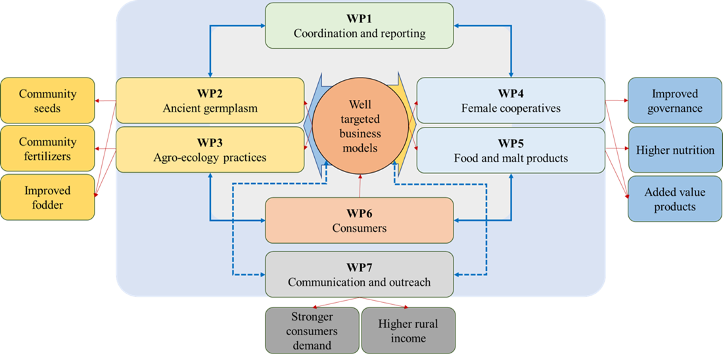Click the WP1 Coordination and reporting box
(x=360, y=26)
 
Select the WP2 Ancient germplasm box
(x=210, y=101)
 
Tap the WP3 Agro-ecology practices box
(x=210, y=150)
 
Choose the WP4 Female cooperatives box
(x=511, y=101)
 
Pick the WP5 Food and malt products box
(x=511, y=150)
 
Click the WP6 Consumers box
(x=360, y=221)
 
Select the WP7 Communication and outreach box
(x=360, y=275)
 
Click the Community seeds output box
(x=47, y=101)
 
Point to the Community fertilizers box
(x=47, y=148)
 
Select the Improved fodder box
(x=47, y=197)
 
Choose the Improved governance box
(x=675, y=101)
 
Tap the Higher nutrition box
(x=675, y=150)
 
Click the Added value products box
(x=675, y=198)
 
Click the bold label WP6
(x=360, y=214)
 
